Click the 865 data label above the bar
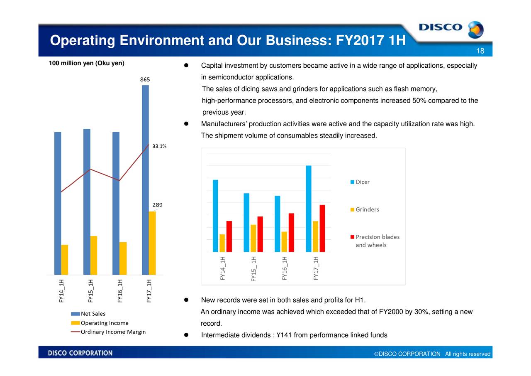[x=145, y=79]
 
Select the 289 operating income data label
[x=157, y=204]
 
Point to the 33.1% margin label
[x=159, y=146]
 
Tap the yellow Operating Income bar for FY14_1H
[x=64, y=260]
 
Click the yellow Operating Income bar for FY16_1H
[x=123, y=258]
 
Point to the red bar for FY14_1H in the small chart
[x=229, y=236]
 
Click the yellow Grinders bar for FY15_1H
[x=253, y=238]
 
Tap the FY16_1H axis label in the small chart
[x=285, y=268]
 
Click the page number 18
[x=480, y=51]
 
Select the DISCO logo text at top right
[x=440, y=27]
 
